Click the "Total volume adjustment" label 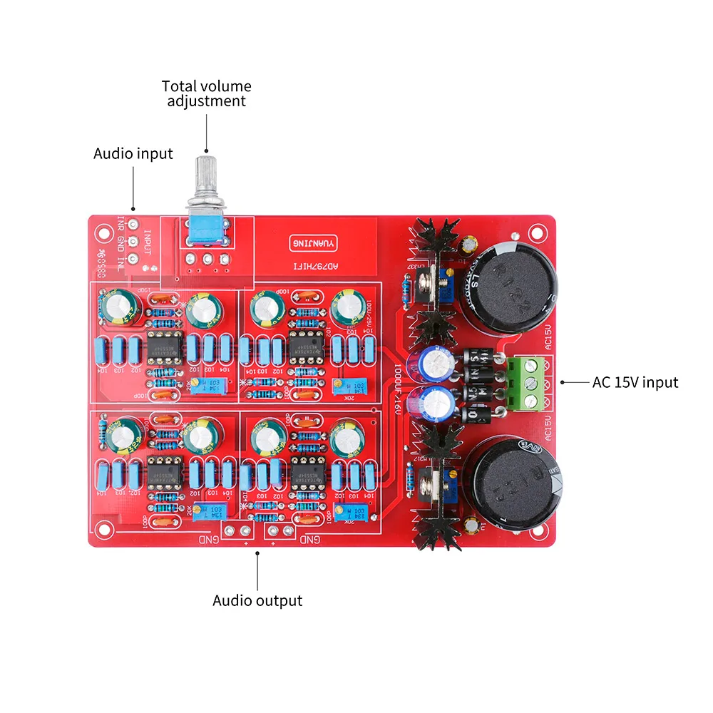(206, 93)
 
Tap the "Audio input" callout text (133, 153)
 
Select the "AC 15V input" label (635, 382)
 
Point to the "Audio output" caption (257, 600)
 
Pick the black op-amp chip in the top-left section (165, 347)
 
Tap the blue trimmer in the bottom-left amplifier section (205, 508)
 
